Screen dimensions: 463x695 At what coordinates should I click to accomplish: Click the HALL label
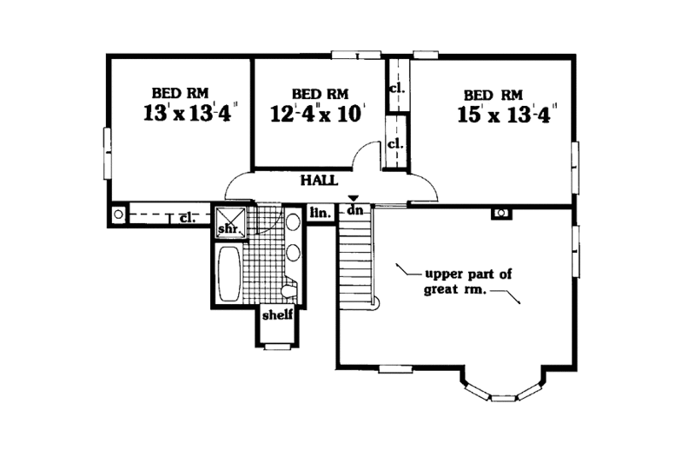pos(319,181)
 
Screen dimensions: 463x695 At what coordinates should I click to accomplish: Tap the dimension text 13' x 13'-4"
pos(191,113)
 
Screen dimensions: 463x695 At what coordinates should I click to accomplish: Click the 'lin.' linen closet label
pos(318,211)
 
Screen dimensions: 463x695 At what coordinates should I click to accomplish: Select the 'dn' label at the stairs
pos(354,211)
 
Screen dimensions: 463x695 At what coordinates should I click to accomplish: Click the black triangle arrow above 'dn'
pos(353,200)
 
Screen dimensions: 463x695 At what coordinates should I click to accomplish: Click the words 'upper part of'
pos(468,273)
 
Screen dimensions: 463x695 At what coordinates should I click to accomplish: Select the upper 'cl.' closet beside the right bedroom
pos(396,88)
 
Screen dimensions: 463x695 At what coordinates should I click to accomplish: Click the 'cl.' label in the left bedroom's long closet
pos(186,217)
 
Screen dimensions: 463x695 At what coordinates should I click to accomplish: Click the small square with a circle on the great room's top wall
pos(500,213)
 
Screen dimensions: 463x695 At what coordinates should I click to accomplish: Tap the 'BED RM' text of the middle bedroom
pos(321,94)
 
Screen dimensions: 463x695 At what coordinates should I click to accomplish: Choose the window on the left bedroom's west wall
pos(108,153)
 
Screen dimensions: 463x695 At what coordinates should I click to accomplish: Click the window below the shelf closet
pos(278,347)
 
